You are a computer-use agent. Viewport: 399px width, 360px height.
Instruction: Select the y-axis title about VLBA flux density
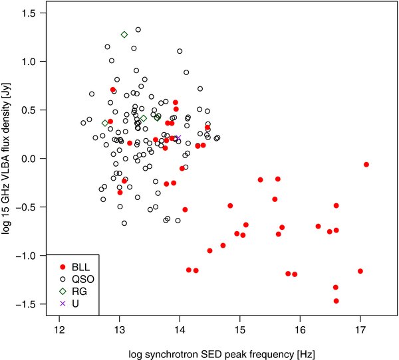[x=9, y=159]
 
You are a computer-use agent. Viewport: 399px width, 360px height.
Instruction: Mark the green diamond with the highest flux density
[x=124, y=35]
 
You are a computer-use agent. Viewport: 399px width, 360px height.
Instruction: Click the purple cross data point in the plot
[x=178, y=138]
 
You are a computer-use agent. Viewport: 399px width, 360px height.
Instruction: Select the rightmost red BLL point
[x=366, y=164]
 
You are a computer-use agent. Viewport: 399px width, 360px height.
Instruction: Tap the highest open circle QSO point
[x=138, y=30]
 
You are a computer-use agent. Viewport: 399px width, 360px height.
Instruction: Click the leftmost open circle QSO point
[x=83, y=123]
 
